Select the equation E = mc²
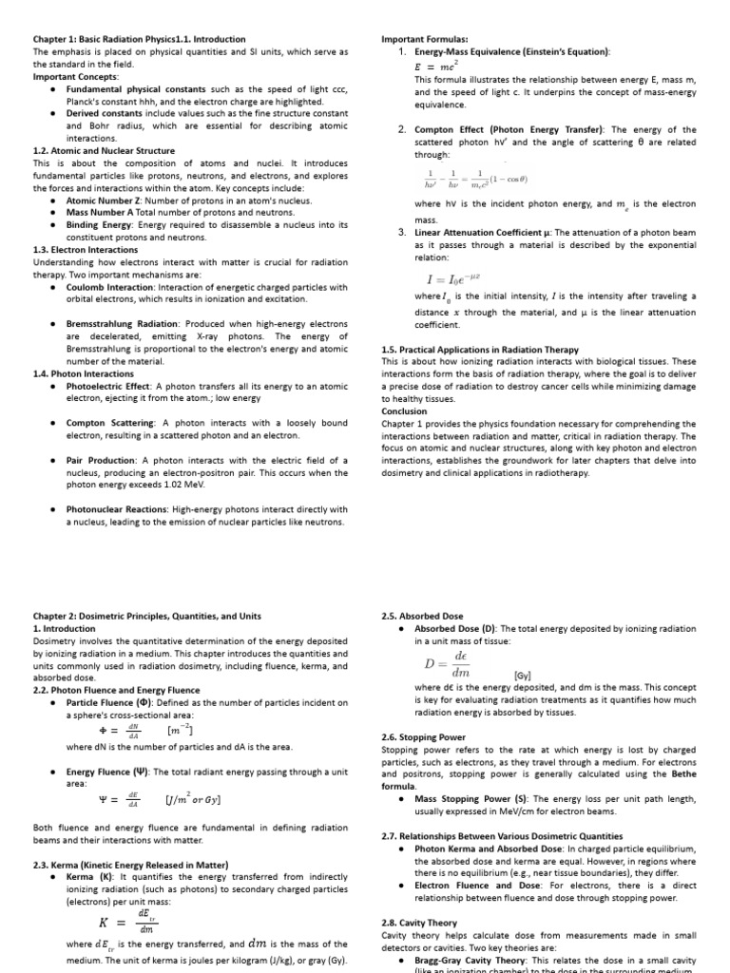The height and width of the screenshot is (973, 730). (x=431, y=67)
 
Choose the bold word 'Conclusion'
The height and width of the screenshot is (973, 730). (x=404, y=411)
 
